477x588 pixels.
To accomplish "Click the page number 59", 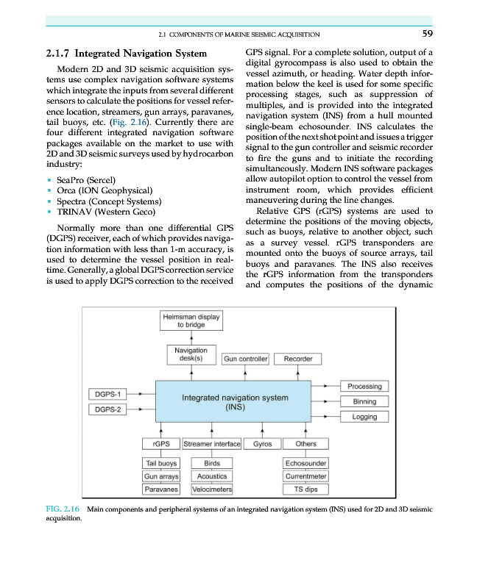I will click(x=427, y=33).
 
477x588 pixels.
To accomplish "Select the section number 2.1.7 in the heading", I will click(x=59, y=54).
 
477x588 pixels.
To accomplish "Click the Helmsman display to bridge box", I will click(x=191, y=320).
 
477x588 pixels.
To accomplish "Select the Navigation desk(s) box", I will click(x=191, y=355).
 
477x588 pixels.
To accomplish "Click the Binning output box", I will click(x=364, y=401).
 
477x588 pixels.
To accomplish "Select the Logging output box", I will click(x=364, y=417).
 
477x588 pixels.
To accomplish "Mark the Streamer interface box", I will click(x=212, y=444).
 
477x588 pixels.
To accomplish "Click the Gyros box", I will click(x=262, y=444).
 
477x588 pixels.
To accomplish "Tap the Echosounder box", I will click(x=305, y=463).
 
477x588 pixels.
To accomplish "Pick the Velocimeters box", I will click(x=212, y=489).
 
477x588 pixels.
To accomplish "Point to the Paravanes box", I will click(x=161, y=489).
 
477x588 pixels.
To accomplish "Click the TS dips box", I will click(x=305, y=489).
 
